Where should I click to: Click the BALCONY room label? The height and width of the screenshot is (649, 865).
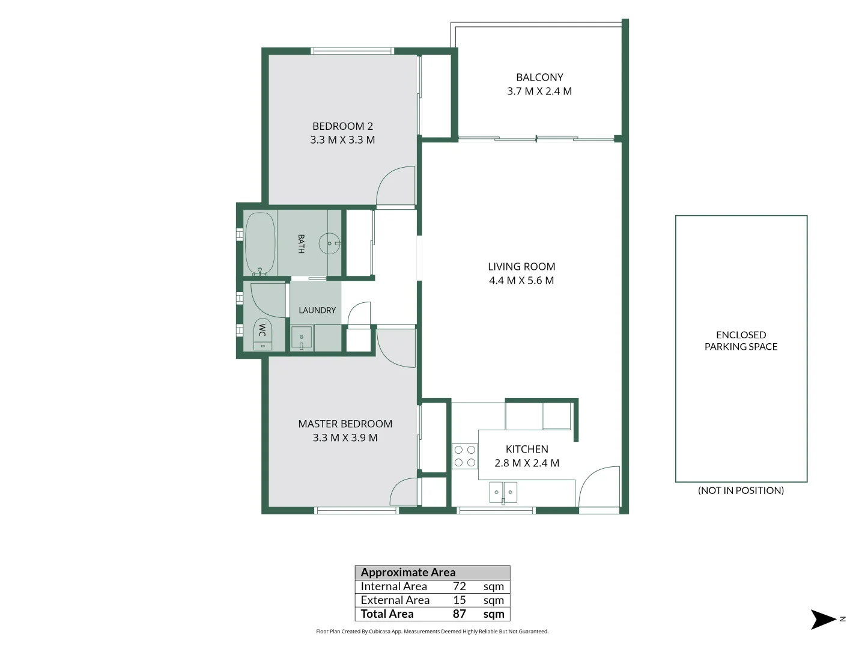[x=539, y=78]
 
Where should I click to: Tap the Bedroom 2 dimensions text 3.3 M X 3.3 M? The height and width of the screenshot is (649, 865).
[x=342, y=140]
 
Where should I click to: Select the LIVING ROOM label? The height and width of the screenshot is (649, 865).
[x=521, y=267]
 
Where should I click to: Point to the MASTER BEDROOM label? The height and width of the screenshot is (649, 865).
[x=345, y=424]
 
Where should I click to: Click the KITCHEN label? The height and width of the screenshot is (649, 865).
[x=527, y=449]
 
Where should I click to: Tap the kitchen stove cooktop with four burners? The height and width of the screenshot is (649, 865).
[x=464, y=456]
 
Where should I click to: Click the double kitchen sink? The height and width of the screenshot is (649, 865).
[x=503, y=493]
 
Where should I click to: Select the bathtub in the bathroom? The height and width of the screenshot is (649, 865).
[x=260, y=244]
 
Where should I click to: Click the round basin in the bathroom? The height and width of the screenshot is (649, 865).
[x=329, y=243]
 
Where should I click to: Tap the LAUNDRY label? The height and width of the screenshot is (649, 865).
[x=317, y=311]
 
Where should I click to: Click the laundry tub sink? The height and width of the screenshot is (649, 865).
[x=302, y=337]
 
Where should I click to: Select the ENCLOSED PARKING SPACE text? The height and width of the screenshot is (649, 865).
[x=741, y=341]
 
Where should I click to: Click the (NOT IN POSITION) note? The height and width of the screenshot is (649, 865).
[x=741, y=490]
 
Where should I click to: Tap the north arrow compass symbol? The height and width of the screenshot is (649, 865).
[x=823, y=620]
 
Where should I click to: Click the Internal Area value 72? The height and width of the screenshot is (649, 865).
[x=460, y=587]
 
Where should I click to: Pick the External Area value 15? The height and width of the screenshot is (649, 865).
[x=460, y=600]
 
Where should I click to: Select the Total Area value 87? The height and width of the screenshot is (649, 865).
[x=460, y=614]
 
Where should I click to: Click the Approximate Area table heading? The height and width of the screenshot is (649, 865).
[x=408, y=573]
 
